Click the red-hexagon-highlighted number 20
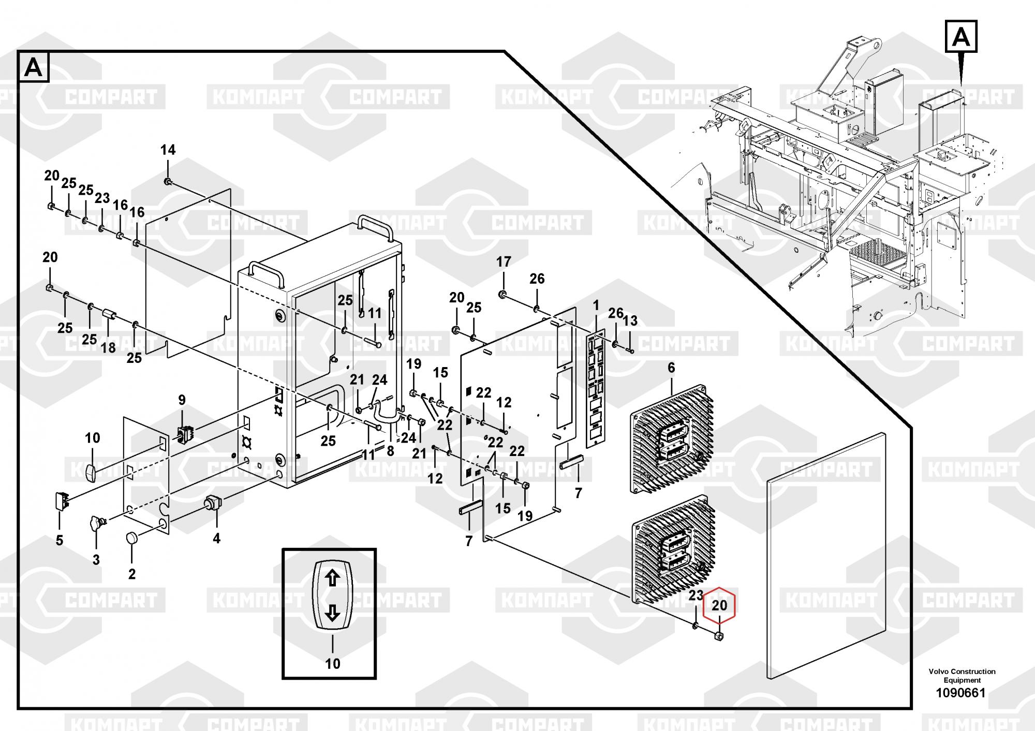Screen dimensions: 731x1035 point(719,605)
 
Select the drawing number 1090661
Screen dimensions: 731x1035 point(962,693)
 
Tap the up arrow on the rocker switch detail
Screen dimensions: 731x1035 point(332,578)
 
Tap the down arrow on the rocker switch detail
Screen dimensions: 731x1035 point(332,613)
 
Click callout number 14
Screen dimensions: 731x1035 point(168,150)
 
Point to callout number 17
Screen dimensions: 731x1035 point(504,262)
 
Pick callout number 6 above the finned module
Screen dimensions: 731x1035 point(671,368)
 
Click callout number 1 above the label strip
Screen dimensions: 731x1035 point(596,305)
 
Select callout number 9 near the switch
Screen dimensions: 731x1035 point(182,400)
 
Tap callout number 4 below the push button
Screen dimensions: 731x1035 point(216,538)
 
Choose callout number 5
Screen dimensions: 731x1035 point(60,540)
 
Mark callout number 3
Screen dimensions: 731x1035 point(96,560)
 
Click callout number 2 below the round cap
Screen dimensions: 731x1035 point(132,574)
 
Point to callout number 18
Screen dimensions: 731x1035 point(108,347)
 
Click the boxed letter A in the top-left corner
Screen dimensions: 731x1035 point(34,67)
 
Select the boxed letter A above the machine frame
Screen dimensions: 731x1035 point(961,37)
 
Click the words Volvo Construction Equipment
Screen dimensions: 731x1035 point(962,676)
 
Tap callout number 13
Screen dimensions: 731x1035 point(630,320)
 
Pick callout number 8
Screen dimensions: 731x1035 point(390,451)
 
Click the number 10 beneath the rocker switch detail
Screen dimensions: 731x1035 point(332,663)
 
